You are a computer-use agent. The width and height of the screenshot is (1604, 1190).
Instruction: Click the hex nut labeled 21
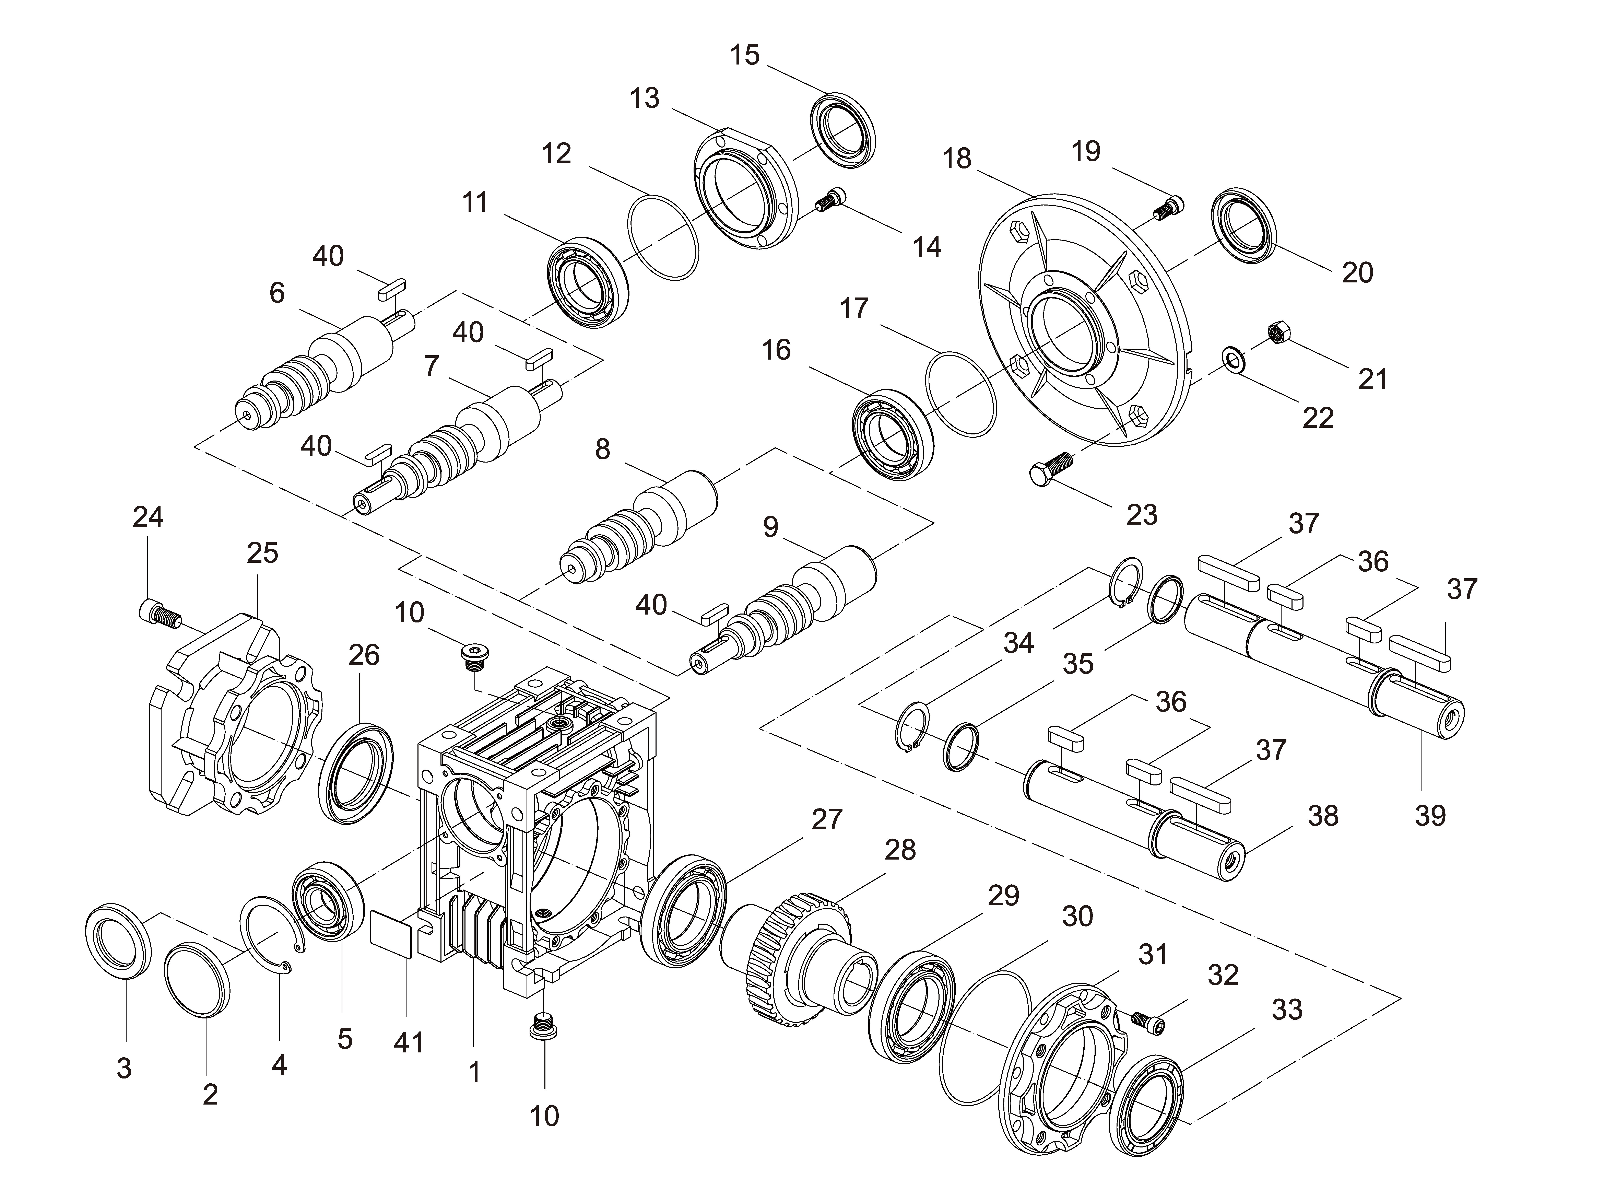pyautogui.click(x=1280, y=333)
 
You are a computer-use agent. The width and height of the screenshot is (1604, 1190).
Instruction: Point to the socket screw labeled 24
pyautogui.click(x=158, y=615)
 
